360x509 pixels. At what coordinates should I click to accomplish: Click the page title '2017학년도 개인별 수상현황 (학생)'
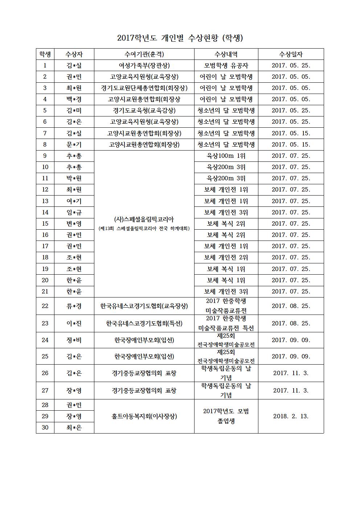(180, 38)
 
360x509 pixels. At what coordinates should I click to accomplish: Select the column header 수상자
(74, 54)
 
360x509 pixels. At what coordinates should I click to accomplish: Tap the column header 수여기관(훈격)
(144, 54)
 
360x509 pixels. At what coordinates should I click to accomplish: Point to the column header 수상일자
(291, 54)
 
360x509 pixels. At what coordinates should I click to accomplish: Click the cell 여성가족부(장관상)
(144, 66)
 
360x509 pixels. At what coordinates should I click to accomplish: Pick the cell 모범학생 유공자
(226, 66)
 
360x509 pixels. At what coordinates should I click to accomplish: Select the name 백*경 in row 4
(74, 99)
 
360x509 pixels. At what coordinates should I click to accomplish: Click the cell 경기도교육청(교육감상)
(144, 111)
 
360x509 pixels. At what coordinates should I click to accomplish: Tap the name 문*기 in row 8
(74, 145)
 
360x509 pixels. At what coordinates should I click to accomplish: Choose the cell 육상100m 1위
(226, 156)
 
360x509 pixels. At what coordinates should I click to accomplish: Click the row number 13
(45, 201)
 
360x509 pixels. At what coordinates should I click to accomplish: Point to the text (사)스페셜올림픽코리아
(144, 219)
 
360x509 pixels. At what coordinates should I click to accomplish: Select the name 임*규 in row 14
(74, 212)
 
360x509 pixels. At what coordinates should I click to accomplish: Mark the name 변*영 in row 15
(74, 224)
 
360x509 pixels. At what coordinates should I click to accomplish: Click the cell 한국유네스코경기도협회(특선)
(144, 323)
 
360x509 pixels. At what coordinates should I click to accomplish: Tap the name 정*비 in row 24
(74, 340)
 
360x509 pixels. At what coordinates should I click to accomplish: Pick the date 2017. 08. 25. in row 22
(291, 306)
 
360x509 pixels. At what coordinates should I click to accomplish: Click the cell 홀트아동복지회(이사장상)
(144, 416)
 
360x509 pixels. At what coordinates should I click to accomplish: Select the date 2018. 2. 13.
(291, 416)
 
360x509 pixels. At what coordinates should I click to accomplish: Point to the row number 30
(45, 427)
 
